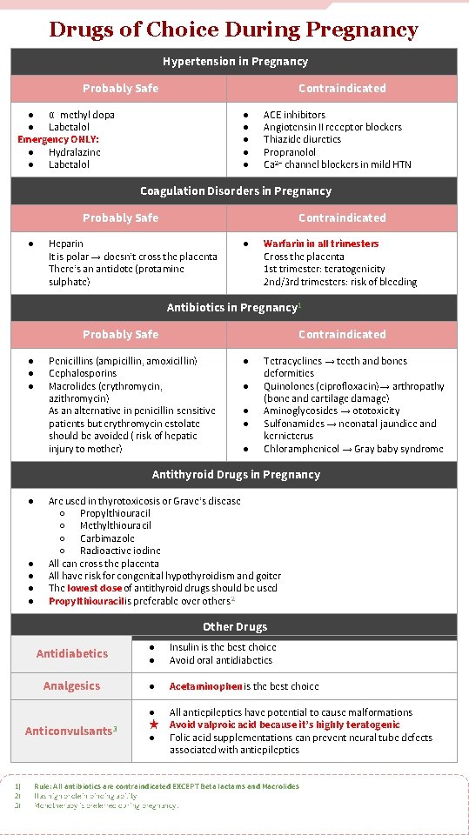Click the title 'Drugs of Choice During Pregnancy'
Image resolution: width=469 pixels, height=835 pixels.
pyautogui.click(x=233, y=30)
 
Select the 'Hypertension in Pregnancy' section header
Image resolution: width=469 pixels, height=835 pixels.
pyautogui.click(x=235, y=62)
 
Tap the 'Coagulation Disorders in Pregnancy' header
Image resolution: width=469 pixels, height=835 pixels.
pyautogui.click(x=236, y=191)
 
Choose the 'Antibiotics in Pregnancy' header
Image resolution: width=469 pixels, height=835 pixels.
pyautogui.click(x=232, y=308)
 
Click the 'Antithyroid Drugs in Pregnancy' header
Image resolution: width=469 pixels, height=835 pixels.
pyautogui.click(x=236, y=475)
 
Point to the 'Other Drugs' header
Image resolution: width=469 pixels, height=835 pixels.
pyautogui.click(x=235, y=627)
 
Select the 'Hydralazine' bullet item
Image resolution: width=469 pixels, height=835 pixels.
pyautogui.click(x=74, y=152)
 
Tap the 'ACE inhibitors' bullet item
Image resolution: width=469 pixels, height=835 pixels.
pyautogui.click(x=294, y=115)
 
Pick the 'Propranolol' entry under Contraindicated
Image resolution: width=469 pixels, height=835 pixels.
pyautogui.click(x=291, y=152)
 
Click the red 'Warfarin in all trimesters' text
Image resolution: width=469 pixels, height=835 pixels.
pyautogui.click(x=321, y=244)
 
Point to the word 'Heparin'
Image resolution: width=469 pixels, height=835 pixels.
pyautogui.click(x=66, y=244)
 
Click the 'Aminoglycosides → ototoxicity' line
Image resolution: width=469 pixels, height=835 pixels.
pyautogui.click(x=332, y=411)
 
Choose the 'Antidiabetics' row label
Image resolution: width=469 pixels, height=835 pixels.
pyautogui.click(x=72, y=654)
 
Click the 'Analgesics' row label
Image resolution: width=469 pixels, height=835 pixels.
pyautogui.click(x=72, y=686)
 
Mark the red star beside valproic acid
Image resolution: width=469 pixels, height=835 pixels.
pyautogui.click(x=152, y=725)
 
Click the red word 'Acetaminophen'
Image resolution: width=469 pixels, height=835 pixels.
pyautogui.click(x=205, y=686)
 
